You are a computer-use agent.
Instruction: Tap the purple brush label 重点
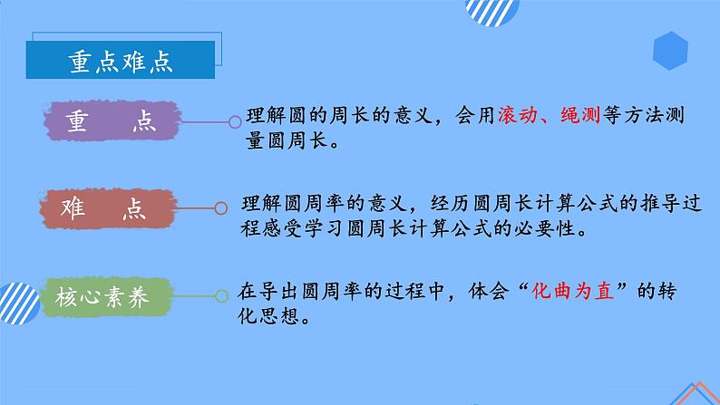114,123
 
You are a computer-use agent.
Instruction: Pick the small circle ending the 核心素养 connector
223,295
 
